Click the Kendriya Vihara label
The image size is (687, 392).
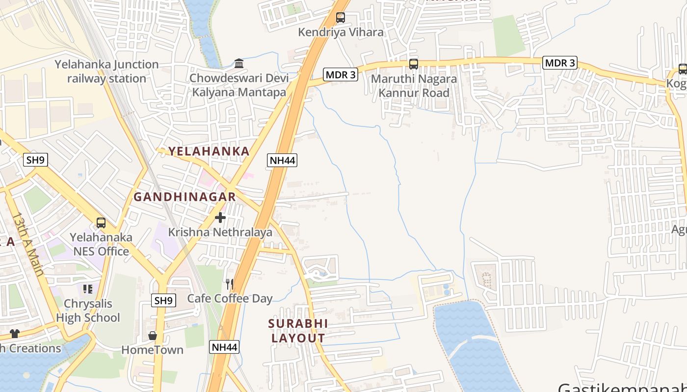[341, 32]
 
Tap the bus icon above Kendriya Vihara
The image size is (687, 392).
[340, 18]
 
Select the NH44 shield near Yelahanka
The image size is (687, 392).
[283, 160]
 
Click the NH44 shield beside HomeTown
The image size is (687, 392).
[225, 347]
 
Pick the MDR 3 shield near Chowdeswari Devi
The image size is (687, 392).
[341, 75]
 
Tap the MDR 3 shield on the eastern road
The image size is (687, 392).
[560, 63]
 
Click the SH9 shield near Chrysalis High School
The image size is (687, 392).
[163, 300]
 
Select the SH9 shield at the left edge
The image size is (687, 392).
[35, 159]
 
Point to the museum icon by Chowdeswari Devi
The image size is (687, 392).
[239, 63]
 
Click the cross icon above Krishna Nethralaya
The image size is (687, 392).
[220, 217]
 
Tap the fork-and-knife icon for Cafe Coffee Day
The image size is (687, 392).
[229, 284]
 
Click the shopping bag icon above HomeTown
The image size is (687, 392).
[153, 336]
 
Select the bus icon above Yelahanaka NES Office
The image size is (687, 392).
[101, 223]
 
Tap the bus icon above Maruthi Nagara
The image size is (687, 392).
[414, 64]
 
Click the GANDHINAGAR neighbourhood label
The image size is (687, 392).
[185, 197]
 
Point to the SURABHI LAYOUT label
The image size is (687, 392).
[298, 331]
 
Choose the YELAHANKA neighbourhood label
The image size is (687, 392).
[209, 151]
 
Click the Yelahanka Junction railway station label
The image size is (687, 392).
[106, 72]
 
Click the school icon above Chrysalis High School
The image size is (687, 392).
[87, 289]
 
